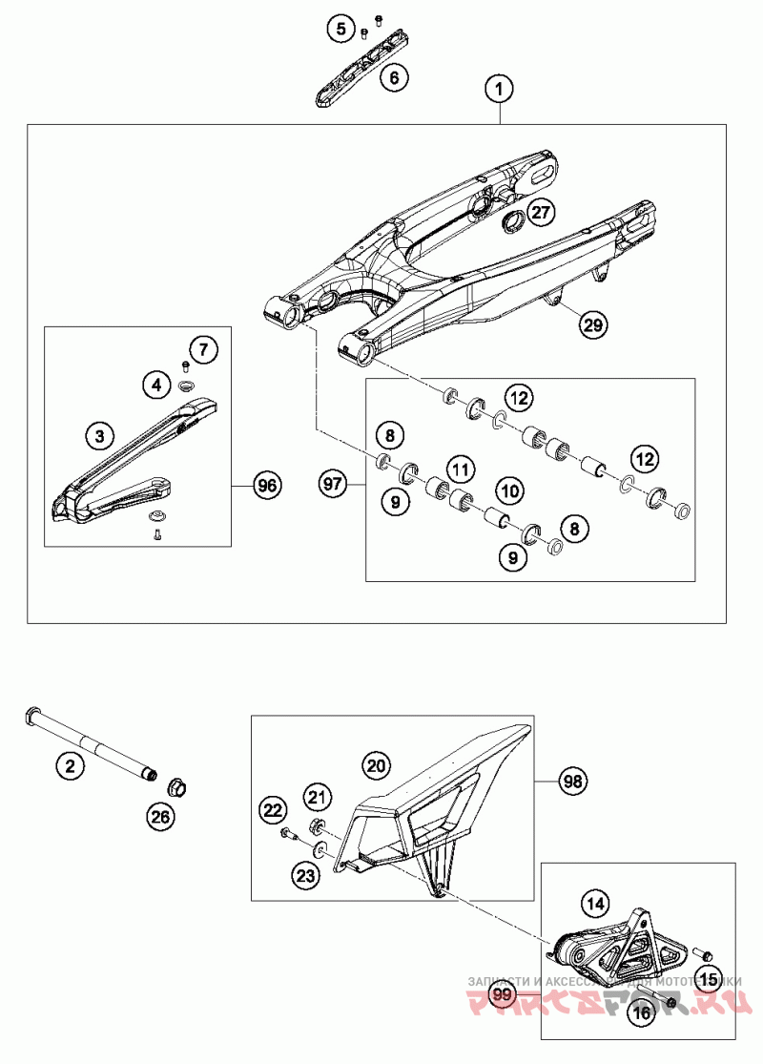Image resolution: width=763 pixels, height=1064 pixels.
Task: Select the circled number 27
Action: [540, 213]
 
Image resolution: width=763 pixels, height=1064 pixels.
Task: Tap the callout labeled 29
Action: [592, 325]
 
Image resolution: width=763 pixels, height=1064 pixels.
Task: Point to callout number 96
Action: [268, 486]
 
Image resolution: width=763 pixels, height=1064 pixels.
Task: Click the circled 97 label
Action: [332, 486]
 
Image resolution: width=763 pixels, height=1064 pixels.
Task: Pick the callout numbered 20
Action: [375, 764]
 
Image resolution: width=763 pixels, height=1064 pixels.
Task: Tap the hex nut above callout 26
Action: [175, 788]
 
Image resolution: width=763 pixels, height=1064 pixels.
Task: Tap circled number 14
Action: [595, 902]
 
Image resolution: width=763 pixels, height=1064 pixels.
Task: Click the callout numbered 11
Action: [461, 469]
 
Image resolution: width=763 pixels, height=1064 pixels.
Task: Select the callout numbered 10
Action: [510, 491]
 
